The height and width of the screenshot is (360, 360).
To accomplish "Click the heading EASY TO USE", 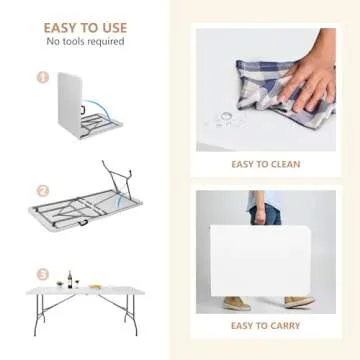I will click(85, 27).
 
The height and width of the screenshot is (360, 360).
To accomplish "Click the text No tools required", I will click(85, 41).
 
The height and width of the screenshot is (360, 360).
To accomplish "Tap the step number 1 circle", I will click(43, 76).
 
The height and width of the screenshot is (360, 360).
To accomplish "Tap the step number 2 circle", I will click(43, 189).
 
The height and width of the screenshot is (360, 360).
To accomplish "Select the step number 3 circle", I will click(43, 273).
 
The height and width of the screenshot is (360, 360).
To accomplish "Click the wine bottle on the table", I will click(69, 278).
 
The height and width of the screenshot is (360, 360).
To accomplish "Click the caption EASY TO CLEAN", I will click(264, 164).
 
